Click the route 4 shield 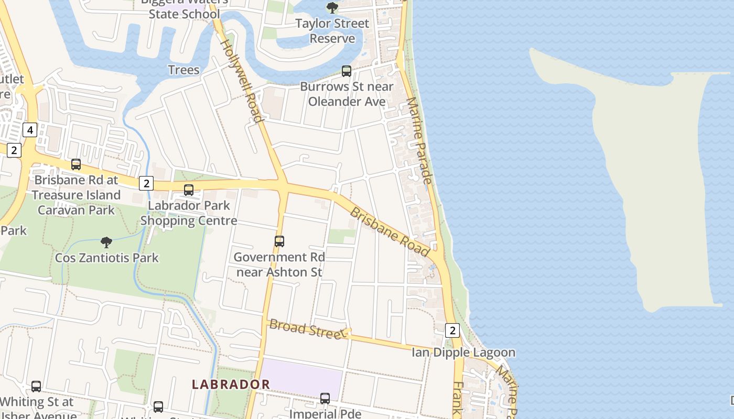[30, 129]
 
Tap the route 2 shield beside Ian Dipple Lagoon [452, 330]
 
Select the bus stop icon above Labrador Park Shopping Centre [189, 190]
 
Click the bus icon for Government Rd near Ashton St [279, 241]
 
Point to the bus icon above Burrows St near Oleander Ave [346, 71]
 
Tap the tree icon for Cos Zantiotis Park [106, 242]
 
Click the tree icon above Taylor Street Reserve [332, 7]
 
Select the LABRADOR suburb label [231, 384]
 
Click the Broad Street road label [305, 329]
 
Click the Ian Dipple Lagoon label [463, 352]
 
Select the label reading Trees [183, 70]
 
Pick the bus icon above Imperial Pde [325, 399]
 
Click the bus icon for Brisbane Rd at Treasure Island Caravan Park [76, 164]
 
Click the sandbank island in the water [650, 183]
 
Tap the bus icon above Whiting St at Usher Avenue [36, 386]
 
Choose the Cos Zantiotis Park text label [107, 258]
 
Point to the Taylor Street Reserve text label [332, 31]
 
